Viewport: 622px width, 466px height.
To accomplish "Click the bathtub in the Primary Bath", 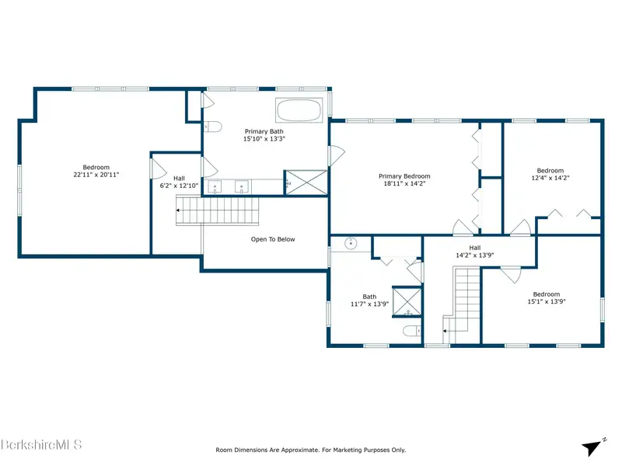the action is tap(299, 110).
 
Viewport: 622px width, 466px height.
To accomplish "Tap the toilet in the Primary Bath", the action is tap(212, 127).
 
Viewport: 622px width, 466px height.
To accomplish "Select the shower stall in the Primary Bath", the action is tap(306, 183).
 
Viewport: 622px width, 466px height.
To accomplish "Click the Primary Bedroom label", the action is tap(404, 176).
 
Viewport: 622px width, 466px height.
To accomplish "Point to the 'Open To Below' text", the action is tap(273, 239).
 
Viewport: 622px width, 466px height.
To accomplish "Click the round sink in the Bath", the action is tap(351, 243).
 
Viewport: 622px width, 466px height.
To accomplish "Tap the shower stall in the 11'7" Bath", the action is tap(407, 301).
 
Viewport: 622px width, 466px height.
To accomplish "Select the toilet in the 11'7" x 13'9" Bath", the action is tap(412, 330).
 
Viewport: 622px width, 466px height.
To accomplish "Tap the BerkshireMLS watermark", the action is tap(41, 444).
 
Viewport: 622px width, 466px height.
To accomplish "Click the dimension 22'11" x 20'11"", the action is tap(96, 174).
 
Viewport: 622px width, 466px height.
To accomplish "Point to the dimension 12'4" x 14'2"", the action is tap(550, 178).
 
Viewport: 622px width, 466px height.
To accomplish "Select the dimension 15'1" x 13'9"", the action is tap(547, 301).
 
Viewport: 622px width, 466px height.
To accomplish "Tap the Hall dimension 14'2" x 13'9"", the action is tap(474, 256).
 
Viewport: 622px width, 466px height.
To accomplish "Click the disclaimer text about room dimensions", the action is tap(310, 450).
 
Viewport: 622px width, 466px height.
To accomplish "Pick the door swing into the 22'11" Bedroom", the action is tap(159, 169).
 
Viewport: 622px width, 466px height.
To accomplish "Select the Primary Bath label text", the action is tap(264, 131).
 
